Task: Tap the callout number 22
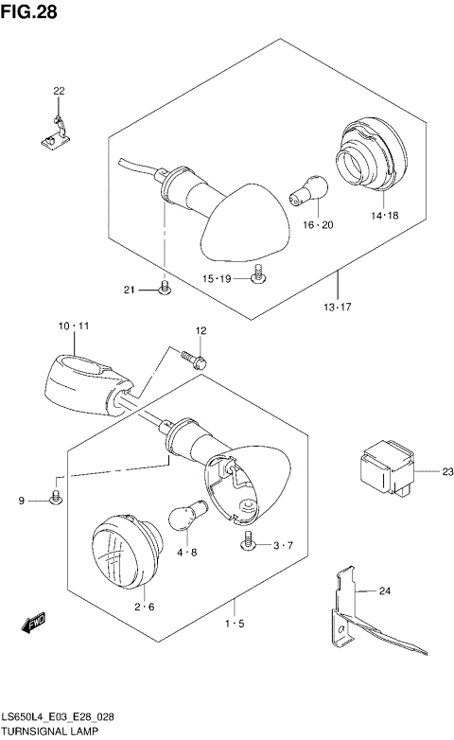coord(59,91)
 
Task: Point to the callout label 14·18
coord(385,216)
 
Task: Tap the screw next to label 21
coord(165,287)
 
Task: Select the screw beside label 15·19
coord(256,275)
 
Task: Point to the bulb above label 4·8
coord(185,518)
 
